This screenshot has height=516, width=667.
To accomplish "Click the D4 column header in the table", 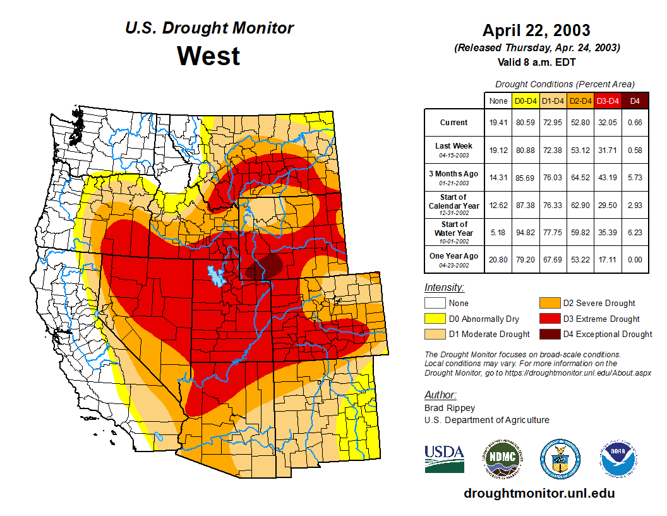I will pyautogui.click(x=635, y=101).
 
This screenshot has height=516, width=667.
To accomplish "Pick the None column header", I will pyautogui.click(x=498, y=101).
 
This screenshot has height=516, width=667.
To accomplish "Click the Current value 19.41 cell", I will pyautogui.click(x=498, y=123).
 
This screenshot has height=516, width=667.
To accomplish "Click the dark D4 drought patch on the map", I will pyautogui.click(x=265, y=266).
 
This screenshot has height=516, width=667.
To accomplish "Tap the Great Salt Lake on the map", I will pyautogui.click(x=216, y=275).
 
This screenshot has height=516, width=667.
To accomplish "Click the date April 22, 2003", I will pyautogui.click(x=536, y=30).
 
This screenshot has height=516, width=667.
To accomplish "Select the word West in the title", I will pyautogui.click(x=208, y=56).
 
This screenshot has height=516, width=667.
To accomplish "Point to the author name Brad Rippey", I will pyautogui.click(x=449, y=408).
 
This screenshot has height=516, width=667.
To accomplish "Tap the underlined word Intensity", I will pyautogui.click(x=444, y=288).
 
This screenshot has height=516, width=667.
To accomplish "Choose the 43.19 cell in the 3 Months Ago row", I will pyautogui.click(x=608, y=178).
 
